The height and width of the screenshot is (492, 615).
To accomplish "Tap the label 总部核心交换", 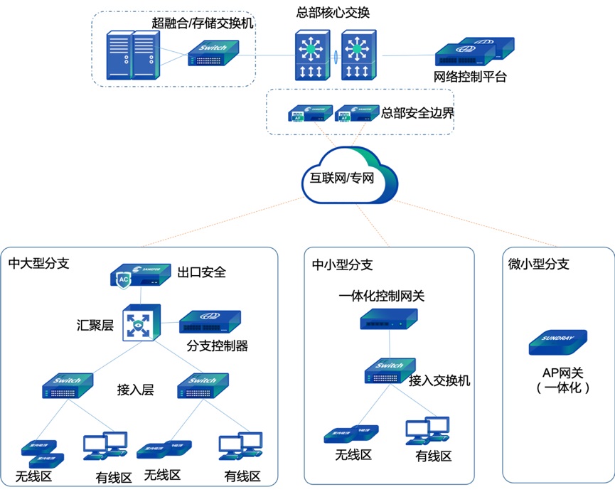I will tap(333, 13).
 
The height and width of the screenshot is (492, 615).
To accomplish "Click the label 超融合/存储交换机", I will tap(203, 23).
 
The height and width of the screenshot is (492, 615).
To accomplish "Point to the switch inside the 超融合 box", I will tap(214, 53).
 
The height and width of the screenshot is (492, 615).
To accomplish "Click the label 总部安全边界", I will tap(417, 113).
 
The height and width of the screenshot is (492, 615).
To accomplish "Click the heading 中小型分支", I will tap(342, 265).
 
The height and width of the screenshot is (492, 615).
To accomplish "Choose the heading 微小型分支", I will tap(539, 264).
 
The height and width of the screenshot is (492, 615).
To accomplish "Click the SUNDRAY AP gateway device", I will tap(558, 342).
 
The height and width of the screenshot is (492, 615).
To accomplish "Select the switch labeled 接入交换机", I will tap(389, 370).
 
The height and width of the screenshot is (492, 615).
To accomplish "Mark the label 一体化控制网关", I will tap(381, 296).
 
